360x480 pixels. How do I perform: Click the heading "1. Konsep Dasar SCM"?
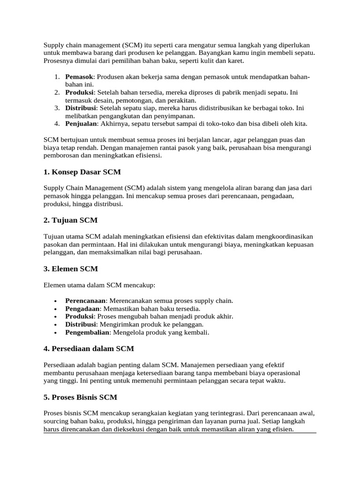tap(82, 172)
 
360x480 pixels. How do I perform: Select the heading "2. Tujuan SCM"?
tap(70, 220)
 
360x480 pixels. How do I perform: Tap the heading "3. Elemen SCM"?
tap(70, 269)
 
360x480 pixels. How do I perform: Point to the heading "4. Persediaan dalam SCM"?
tap(89, 349)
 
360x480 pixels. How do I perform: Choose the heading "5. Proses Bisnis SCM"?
tap(80, 397)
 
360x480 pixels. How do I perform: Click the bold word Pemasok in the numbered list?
tap(79, 76)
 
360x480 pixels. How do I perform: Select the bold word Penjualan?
tap(81, 124)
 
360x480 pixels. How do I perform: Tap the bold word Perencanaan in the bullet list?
tap(85, 300)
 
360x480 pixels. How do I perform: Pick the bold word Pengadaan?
tap(82, 308)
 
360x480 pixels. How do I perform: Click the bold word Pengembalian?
tap(87, 332)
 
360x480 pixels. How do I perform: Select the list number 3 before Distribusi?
tap(56, 108)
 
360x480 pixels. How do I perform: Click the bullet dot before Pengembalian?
tap(56, 333)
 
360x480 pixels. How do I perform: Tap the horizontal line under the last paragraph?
tap(180, 433)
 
